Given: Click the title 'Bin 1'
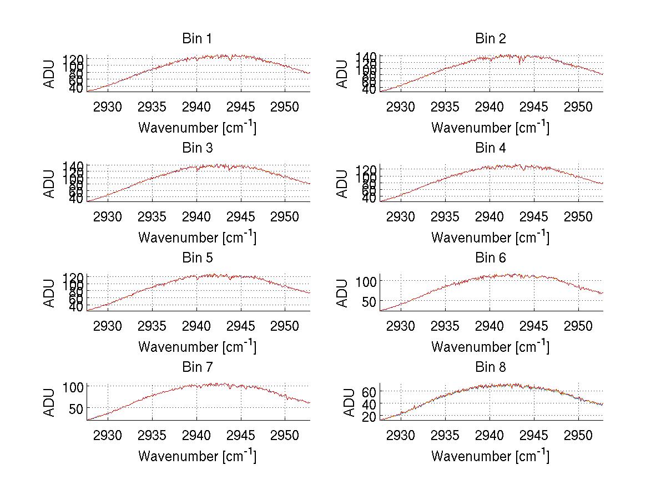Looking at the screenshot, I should (x=197, y=39).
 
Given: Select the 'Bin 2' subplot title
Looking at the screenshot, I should (x=490, y=39).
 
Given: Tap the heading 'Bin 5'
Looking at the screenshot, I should (x=197, y=258).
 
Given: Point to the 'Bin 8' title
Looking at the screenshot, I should (x=490, y=367).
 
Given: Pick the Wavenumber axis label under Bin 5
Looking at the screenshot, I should (x=197, y=346).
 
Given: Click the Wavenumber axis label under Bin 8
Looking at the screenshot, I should (x=490, y=456).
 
